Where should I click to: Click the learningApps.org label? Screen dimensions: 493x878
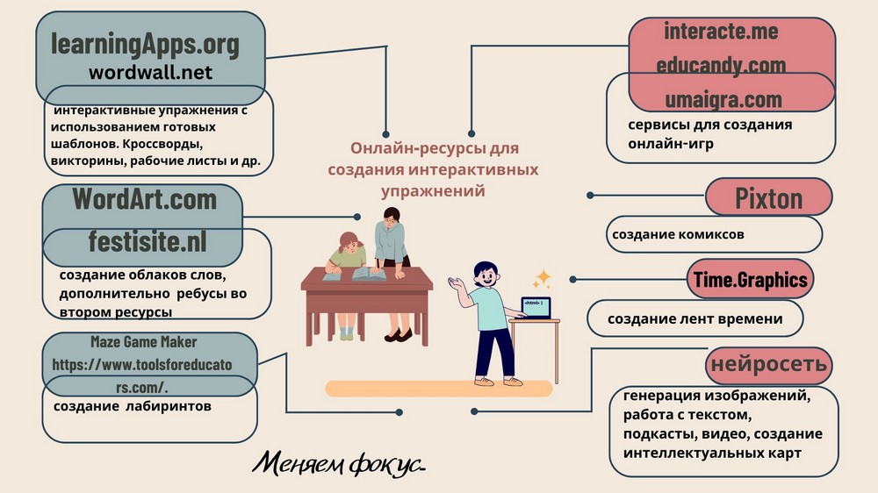click(x=145, y=43)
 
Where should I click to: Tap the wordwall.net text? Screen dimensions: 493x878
click(x=150, y=73)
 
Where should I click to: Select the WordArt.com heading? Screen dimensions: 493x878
click(x=143, y=199)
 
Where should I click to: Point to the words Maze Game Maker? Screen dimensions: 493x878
click(x=143, y=341)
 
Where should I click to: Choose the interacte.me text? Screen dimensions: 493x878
click(x=721, y=32)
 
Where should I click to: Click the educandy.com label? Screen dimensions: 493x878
click(x=721, y=65)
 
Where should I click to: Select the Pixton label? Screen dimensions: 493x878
click(x=768, y=197)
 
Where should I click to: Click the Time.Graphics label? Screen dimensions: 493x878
click(x=750, y=280)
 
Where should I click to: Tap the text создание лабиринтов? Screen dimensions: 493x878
click(x=132, y=406)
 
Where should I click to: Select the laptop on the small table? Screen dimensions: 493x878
click(x=536, y=307)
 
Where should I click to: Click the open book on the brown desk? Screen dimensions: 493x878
click(x=368, y=274)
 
